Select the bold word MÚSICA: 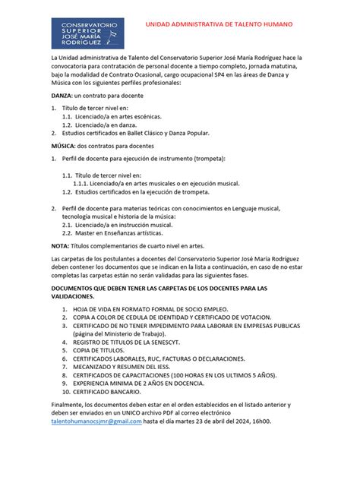click(63, 146)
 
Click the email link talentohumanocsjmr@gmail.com click(96, 420)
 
